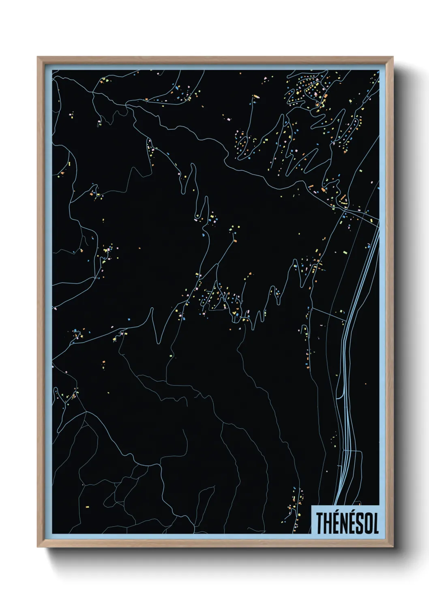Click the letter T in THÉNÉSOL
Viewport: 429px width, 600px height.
pyautogui.click(x=320, y=523)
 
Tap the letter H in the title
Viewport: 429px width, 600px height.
pyautogui.click(x=328, y=523)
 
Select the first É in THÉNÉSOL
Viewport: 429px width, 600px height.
pyautogui.click(x=336, y=523)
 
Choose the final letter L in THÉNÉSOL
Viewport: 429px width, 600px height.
pyautogui.click(x=375, y=523)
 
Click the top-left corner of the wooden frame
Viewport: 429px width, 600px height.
pyautogui.click(x=38, y=57)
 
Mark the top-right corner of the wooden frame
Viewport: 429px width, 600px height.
pyautogui.click(x=393, y=57)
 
